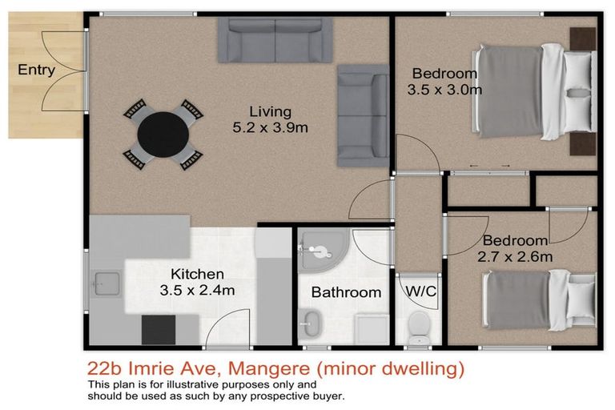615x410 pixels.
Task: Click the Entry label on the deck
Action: [36, 70]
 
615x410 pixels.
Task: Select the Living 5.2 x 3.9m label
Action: [269, 119]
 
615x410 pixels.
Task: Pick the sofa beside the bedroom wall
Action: [363, 114]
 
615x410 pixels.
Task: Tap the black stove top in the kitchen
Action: [159, 329]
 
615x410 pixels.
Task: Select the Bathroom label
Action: [346, 292]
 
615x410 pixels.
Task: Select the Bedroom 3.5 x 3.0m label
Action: [444, 81]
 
